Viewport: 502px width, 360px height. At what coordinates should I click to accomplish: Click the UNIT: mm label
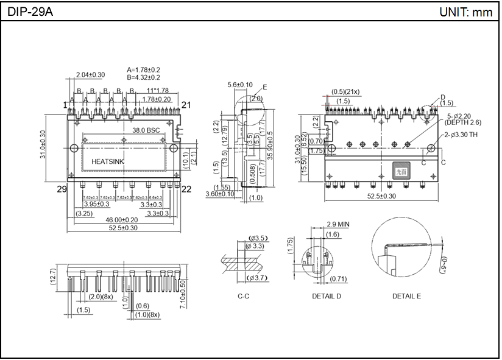(465, 12)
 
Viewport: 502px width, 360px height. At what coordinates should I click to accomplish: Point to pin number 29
(62, 189)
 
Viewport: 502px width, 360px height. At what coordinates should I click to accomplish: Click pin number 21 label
(186, 105)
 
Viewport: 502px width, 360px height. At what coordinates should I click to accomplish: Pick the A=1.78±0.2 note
(144, 70)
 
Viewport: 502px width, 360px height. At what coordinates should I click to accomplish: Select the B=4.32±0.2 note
(144, 77)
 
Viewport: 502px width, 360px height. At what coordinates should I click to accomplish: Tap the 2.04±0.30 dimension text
(90, 75)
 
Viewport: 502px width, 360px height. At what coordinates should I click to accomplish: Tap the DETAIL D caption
(327, 296)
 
